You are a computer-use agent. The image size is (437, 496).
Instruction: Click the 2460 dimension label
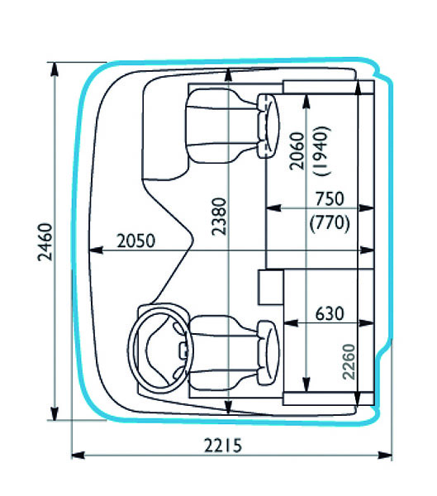pos(45,242)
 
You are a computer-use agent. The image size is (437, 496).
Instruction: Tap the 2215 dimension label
pos(223,446)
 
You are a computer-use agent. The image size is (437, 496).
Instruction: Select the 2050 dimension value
pos(136,241)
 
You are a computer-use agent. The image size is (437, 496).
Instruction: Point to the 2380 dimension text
pos(219,217)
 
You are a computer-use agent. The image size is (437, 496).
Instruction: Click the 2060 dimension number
pos(297,151)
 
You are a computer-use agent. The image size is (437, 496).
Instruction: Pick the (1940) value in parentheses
pos(322,150)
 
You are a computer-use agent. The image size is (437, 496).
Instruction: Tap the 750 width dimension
pos(330,199)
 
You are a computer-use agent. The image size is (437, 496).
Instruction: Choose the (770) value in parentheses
pos(330,223)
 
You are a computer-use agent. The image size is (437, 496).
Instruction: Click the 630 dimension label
pos(330,314)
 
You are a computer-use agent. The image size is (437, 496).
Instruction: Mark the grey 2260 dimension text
pos(349,361)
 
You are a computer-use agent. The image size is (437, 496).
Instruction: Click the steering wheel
pos(160,349)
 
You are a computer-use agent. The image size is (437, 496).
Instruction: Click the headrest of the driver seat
pos(268,353)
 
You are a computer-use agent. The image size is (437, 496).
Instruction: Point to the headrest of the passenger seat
pos(268,126)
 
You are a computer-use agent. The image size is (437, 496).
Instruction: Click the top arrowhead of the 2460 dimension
pos(55,69)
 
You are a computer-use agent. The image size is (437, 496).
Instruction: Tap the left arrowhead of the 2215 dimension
pos(78,455)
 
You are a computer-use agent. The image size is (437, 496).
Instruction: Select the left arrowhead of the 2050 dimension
pos(96,250)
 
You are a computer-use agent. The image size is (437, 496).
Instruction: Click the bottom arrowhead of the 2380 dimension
pos(228,407)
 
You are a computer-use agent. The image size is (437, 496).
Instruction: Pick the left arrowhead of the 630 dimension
pos(291,323)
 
